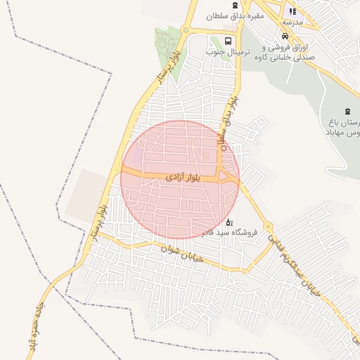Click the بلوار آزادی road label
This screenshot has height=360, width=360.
(x=184, y=179)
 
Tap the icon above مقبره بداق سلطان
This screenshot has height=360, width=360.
(x=234, y=4)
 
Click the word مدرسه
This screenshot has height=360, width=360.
(x=292, y=22)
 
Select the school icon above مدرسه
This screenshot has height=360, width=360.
(x=292, y=11)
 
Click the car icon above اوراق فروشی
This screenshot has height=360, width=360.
(x=284, y=36)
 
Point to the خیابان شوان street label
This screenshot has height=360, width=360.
(x=181, y=254)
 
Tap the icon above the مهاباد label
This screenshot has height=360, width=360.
(x=346, y=111)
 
